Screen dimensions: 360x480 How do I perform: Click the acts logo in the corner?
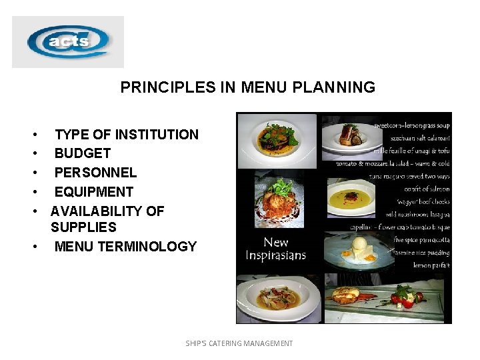click(68, 42)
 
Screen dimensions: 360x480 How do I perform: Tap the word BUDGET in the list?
click(82, 153)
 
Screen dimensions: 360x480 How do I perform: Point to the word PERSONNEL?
click(95, 173)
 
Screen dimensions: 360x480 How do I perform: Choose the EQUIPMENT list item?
click(94, 192)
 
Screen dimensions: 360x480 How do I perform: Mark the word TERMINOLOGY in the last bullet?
click(147, 247)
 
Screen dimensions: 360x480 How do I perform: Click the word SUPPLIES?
click(83, 228)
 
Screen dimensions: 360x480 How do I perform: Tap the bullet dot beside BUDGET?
click(34, 154)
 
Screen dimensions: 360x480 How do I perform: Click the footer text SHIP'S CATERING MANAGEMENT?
click(239, 343)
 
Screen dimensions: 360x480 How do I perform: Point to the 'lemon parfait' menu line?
click(431, 265)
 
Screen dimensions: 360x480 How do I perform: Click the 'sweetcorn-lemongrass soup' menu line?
click(411, 125)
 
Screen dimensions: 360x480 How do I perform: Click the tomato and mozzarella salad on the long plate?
click(406, 295)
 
